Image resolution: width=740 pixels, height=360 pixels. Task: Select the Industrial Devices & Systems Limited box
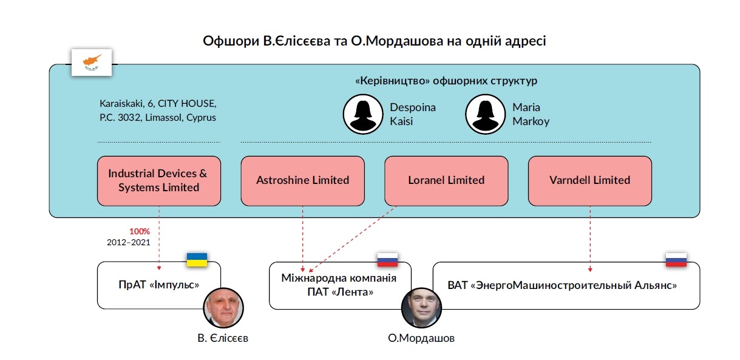pyautogui.click(x=158, y=180)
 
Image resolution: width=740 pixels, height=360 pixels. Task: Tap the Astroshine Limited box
pyautogui.click(x=302, y=180)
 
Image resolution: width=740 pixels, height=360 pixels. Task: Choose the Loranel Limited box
pyautogui.click(x=446, y=180)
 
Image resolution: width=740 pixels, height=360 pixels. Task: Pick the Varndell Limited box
pyautogui.click(x=589, y=180)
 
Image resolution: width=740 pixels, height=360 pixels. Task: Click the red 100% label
pyautogui.click(x=140, y=231)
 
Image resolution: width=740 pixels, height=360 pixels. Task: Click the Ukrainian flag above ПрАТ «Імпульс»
pyautogui.click(x=197, y=260)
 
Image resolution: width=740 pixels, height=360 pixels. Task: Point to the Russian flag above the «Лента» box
pyautogui.click(x=387, y=260)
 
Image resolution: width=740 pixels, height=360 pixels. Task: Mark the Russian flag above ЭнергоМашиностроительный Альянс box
pyautogui.click(x=676, y=260)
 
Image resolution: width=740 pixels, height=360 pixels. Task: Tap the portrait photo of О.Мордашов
pyautogui.click(x=421, y=308)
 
